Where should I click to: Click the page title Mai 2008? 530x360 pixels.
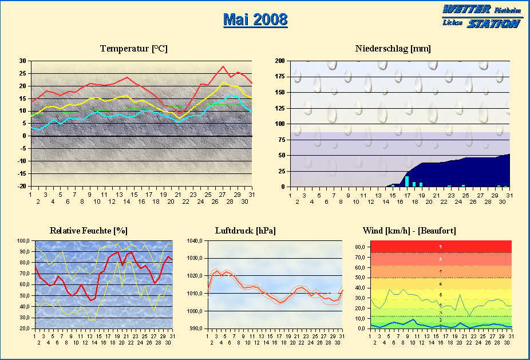255,19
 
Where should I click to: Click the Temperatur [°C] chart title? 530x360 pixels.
133,49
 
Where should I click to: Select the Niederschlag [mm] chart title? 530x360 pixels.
393,49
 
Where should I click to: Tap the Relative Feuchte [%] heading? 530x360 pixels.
89,231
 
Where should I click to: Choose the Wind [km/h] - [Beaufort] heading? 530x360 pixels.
409,231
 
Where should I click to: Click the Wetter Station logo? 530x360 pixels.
481,17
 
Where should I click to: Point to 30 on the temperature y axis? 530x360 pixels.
22,61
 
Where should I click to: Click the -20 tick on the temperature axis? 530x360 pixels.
21,187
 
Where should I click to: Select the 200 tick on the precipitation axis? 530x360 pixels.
280,61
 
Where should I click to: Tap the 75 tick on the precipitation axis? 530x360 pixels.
282,140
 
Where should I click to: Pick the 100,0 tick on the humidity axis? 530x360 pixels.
24,241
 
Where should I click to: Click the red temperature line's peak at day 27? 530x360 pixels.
224,66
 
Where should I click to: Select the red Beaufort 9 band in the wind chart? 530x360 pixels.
441,247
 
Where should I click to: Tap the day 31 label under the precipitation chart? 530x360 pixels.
509,196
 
